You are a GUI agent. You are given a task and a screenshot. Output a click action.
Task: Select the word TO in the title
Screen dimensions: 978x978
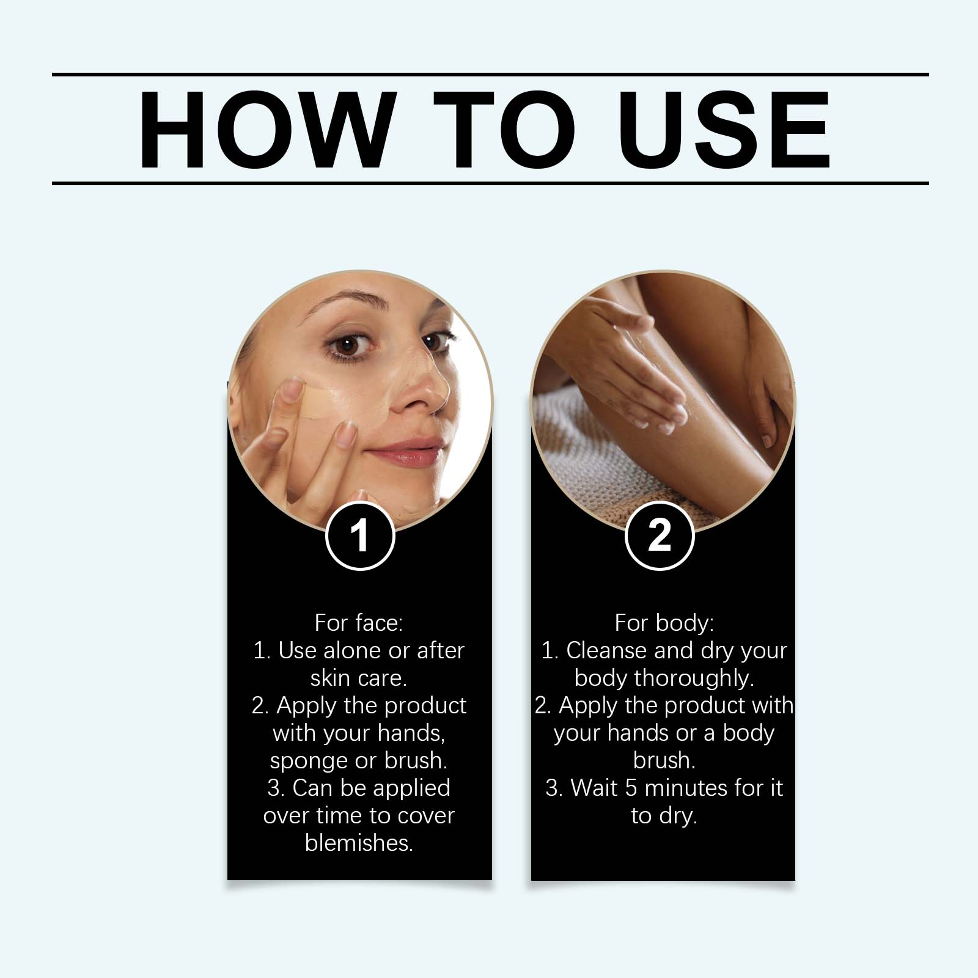(505, 130)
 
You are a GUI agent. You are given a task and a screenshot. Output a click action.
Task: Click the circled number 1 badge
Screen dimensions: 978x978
(360, 536)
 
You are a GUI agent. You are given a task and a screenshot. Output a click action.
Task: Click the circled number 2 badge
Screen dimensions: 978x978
(660, 536)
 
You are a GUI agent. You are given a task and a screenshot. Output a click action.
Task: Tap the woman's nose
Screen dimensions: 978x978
(422, 391)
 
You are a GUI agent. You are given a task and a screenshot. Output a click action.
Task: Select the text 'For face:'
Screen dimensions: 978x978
(359, 623)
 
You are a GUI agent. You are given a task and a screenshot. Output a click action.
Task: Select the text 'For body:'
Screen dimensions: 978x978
(664, 623)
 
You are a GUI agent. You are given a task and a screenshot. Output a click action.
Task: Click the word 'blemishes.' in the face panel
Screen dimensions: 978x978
(359, 843)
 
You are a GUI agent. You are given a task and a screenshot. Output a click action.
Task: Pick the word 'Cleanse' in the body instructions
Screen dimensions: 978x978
(606, 650)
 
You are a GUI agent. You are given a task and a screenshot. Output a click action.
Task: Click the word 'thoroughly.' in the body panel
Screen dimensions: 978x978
(694, 678)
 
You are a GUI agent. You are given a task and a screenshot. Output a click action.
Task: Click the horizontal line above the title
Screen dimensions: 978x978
(489, 75)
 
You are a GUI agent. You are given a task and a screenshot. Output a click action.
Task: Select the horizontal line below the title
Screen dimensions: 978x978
(489, 183)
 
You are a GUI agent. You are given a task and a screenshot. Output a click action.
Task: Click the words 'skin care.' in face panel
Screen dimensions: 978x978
(359, 678)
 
